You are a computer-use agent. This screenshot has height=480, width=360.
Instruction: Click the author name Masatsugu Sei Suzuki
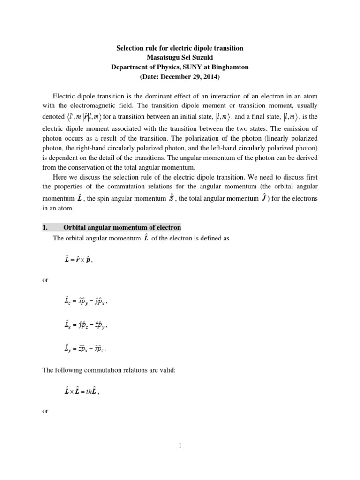point(180,58)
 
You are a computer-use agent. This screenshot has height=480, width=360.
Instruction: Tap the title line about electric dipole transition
point(180,48)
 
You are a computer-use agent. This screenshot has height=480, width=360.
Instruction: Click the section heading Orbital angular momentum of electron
point(122,228)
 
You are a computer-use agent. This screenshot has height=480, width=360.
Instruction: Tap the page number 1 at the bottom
point(180,446)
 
